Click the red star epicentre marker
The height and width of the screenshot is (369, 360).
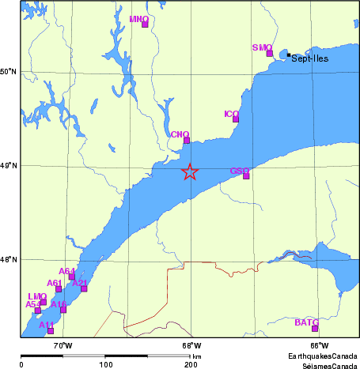(189, 171)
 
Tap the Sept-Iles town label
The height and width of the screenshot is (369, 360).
(309, 58)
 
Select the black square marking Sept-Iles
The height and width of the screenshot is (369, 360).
(289, 55)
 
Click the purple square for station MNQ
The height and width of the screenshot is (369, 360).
(145, 24)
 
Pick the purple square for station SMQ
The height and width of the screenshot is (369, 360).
(270, 54)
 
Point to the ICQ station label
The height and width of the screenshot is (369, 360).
(231, 114)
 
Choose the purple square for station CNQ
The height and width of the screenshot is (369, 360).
(187, 141)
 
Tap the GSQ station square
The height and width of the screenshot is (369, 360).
(246, 176)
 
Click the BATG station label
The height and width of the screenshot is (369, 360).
(306, 322)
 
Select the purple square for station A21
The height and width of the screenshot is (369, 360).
(84, 288)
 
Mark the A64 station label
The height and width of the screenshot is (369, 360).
(66, 271)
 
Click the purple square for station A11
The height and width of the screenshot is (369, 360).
(51, 330)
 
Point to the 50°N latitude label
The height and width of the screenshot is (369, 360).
(9, 72)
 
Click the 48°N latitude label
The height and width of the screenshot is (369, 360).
(9, 259)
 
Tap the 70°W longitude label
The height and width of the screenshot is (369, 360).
(62, 345)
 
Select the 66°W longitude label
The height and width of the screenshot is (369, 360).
(319, 345)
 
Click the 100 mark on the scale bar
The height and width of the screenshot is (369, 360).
(105, 364)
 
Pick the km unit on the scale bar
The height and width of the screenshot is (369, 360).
(196, 357)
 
